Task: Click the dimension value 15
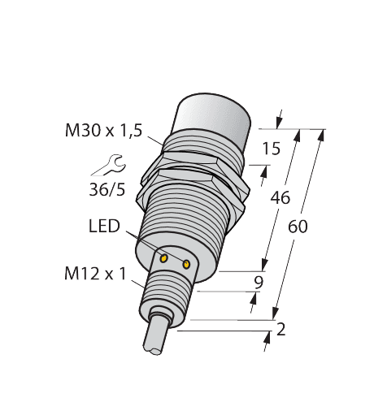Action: tap(272, 149)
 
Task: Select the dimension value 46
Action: tap(280, 197)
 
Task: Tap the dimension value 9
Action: tap(258, 283)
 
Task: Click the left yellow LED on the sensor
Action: tap(164, 257)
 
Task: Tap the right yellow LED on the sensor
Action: tap(188, 264)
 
